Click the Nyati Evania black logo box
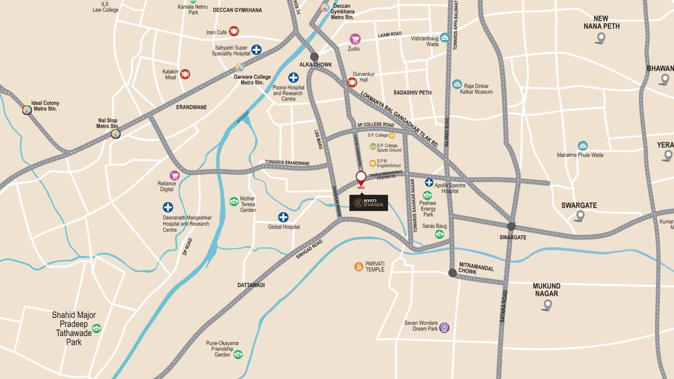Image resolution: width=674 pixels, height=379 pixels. click(368, 203)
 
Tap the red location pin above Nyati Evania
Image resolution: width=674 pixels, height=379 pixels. click(361, 179)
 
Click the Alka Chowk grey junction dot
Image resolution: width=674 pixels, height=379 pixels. click(314, 56)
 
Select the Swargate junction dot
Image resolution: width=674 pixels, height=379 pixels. click(511, 226)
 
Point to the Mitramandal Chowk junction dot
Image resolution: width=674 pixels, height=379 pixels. click(452, 273)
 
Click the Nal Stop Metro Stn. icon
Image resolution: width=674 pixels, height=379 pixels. click(115, 134)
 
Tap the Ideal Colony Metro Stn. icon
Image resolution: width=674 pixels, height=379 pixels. click(27, 110)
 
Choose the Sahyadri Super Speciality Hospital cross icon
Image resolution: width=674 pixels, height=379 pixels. click(256, 49)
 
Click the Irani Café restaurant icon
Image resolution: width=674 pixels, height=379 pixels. click(234, 31)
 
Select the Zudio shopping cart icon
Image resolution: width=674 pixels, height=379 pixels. click(355, 39)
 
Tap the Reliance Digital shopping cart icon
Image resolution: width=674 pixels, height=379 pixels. click(174, 175)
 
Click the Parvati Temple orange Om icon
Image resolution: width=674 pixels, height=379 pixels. click(358, 267)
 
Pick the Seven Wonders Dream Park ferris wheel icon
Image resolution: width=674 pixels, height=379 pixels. click(444, 328)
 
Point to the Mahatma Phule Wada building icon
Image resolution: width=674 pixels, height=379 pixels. click(583, 146)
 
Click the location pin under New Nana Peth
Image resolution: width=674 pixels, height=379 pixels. click(601, 38)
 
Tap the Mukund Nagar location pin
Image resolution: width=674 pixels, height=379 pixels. click(547, 305)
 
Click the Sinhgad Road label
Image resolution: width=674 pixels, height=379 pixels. click(309, 250)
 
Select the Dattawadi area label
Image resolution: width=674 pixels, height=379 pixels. click(251, 285)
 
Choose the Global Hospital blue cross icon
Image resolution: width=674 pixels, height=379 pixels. click(283, 217)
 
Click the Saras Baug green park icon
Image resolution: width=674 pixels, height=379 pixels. click(440, 234)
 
